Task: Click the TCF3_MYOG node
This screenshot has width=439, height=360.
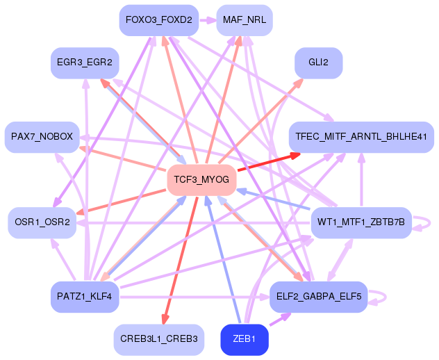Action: click(201, 180)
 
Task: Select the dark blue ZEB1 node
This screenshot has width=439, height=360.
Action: click(245, 340)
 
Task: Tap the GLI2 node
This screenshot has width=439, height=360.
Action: click(318, 63)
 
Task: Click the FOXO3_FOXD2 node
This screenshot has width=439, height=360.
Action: click(159, 20)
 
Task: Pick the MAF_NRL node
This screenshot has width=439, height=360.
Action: click(245, 20)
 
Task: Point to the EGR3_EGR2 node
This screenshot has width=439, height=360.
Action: click(85, 63)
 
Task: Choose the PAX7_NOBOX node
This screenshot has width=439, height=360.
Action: click(42, 138)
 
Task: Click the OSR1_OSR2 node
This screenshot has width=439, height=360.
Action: click(42, 222)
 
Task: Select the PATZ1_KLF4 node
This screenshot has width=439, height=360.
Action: click(85, 297)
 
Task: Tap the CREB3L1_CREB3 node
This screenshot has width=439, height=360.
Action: click(159, 340)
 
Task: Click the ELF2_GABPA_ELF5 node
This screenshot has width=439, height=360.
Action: click(318, 297)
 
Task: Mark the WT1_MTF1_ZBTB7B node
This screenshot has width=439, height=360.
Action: click(361, 222)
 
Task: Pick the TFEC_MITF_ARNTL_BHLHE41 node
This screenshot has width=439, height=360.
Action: click(361, 138)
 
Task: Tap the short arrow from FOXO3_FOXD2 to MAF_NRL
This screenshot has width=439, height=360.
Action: click(208, 20)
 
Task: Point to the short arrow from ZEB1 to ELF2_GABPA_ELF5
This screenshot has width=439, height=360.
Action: click(280, 319)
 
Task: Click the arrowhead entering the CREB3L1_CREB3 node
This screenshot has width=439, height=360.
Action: click(165, 320)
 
